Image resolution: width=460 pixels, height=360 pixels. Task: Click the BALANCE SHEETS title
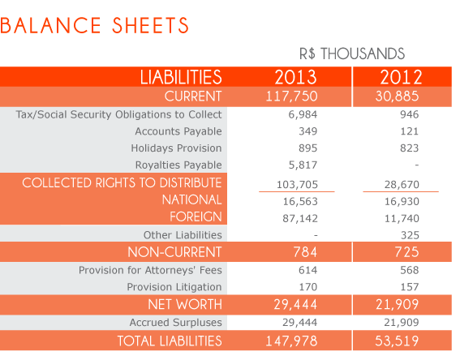coord(94,25)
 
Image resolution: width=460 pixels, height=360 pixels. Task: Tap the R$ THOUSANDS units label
coord(352,54)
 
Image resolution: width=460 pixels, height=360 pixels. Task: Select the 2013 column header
coord(295,77)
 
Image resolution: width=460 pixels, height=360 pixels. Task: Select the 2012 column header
coord(401,77)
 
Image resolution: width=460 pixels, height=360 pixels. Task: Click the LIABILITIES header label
coord(181,77)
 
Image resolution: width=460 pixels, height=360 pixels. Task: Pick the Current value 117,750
coord(291,96)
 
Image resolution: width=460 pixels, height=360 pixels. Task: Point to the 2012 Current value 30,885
coord(398,96)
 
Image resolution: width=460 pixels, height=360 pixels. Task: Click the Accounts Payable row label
coord(178,131)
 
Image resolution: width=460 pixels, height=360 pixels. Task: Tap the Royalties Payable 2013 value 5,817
coord(303,165)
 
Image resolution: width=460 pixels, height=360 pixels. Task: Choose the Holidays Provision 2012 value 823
coord(410,148)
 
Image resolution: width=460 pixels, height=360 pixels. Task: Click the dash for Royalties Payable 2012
coord(417,165)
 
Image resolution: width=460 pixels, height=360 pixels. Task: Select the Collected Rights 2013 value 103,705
coord(297,184)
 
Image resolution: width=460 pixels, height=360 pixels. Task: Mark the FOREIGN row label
coord(196,216)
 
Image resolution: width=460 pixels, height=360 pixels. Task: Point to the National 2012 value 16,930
coord(402,201)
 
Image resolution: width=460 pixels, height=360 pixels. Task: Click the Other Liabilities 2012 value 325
coord(411,235)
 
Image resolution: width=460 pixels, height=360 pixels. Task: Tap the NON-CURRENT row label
coord(174,252)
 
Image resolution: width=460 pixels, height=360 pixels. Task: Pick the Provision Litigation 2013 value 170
coord(308,287)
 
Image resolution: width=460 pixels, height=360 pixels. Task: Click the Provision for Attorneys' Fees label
coord(150,270)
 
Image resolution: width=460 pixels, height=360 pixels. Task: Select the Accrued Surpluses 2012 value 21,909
coord(402,323)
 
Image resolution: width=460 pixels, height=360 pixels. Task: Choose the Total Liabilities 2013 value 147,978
coord(291,341)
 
